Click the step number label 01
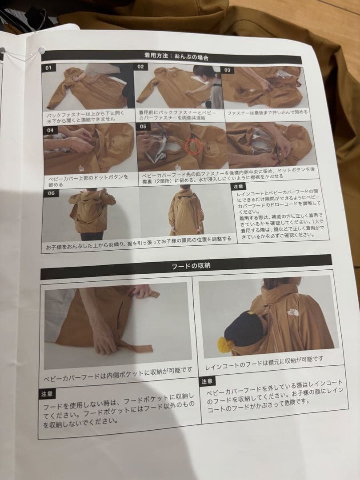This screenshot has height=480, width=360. point(48,68)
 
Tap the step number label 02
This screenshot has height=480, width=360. point(140,67)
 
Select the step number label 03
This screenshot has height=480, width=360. point(227,70)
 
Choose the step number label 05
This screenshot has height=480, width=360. point(143,127)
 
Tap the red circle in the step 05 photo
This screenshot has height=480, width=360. point(193,146)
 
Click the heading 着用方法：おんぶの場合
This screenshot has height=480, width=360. point(176,56)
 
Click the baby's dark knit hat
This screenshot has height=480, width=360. point(244,328)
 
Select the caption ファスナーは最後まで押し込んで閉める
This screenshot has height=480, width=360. point(267,112)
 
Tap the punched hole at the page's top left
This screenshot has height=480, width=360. point(42,51)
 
